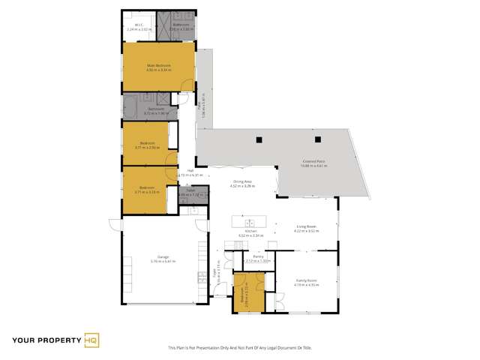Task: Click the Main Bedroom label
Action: point(158,66)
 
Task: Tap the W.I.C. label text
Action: point(139,25)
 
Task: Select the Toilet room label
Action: point(191,191)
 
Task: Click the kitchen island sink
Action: point(249,222)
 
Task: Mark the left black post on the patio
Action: point(258,139)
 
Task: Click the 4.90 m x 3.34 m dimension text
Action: point(158,70)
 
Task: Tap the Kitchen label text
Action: point(241,231)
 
